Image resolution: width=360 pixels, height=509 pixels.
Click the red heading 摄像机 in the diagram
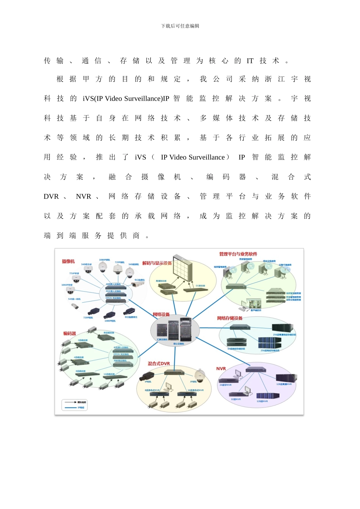[68, 261]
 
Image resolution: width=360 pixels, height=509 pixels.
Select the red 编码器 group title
[70, 334]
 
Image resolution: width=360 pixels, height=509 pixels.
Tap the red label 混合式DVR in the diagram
[159, 364]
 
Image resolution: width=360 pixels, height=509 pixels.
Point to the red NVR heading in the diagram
[221, 368]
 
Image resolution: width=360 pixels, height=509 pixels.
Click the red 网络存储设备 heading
[230, 318]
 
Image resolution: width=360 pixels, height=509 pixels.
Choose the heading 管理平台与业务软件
[238, 254]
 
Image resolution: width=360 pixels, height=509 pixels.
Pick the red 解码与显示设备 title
[157, 263]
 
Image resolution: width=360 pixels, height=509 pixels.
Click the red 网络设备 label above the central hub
[161, 314]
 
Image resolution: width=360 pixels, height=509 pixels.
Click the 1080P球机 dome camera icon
[103, 267]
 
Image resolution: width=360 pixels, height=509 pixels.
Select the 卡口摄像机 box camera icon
[137, 284]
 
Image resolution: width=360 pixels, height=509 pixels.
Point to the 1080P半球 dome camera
[70, 290]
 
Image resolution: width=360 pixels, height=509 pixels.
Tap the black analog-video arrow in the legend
[70, 402]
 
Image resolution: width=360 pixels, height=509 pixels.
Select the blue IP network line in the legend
[70, 408]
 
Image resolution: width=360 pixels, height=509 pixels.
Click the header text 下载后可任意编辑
[180, 26]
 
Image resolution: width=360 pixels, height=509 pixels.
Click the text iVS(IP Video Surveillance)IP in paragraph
[126, 99]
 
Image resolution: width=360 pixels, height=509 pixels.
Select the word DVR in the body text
[51, 197]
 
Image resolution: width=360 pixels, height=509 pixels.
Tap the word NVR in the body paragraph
[83, 197]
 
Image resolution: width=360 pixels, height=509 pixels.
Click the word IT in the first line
[250, 61]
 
